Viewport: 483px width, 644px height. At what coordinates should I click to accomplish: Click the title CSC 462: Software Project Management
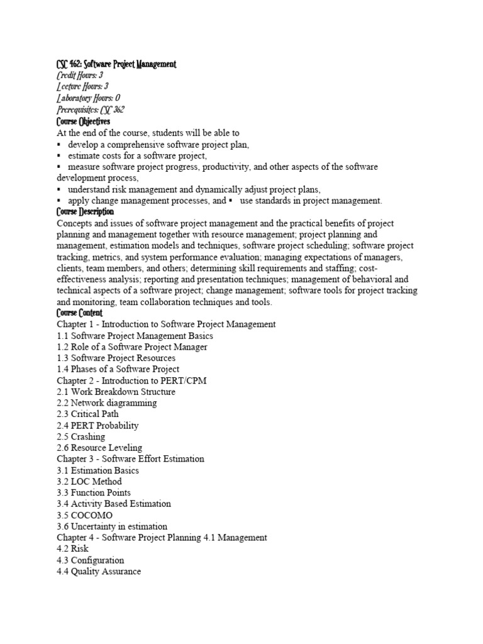[x=116, y=64]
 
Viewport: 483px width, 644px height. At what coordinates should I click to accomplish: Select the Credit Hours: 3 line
[x=80, y=75]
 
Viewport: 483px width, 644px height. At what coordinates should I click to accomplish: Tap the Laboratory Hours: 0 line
[x=88, y=98]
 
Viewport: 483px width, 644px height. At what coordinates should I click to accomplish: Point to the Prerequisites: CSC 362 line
[x=91, y=109]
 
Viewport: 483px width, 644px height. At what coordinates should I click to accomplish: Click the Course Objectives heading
[x=83, y=121]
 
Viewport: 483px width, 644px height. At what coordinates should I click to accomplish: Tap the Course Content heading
[x=79, y=313]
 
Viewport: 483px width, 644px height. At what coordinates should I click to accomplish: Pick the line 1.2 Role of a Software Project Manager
[x=132, y=347]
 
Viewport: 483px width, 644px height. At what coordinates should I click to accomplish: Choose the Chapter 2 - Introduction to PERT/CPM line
[x=131, y=380]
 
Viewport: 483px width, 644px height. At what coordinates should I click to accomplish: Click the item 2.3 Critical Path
[x=87, y=414]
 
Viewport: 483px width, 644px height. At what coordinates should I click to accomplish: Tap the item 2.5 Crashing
[x=81, y=436]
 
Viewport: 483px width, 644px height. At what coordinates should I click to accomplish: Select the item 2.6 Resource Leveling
[x=99, y=448]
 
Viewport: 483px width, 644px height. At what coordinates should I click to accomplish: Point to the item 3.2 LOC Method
[x=89, y=482]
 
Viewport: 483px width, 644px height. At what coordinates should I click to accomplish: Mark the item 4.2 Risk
[x=72, y=549]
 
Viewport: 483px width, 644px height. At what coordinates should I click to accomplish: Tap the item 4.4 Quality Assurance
[x=99, y=572]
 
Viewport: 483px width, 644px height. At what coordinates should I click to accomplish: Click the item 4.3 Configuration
[x=91, y=560]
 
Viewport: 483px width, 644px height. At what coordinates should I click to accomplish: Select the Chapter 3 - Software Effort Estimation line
[x=130, y=459]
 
